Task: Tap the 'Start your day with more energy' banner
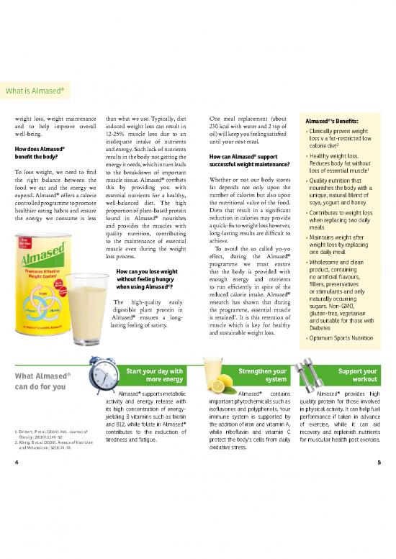click(153, 376)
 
